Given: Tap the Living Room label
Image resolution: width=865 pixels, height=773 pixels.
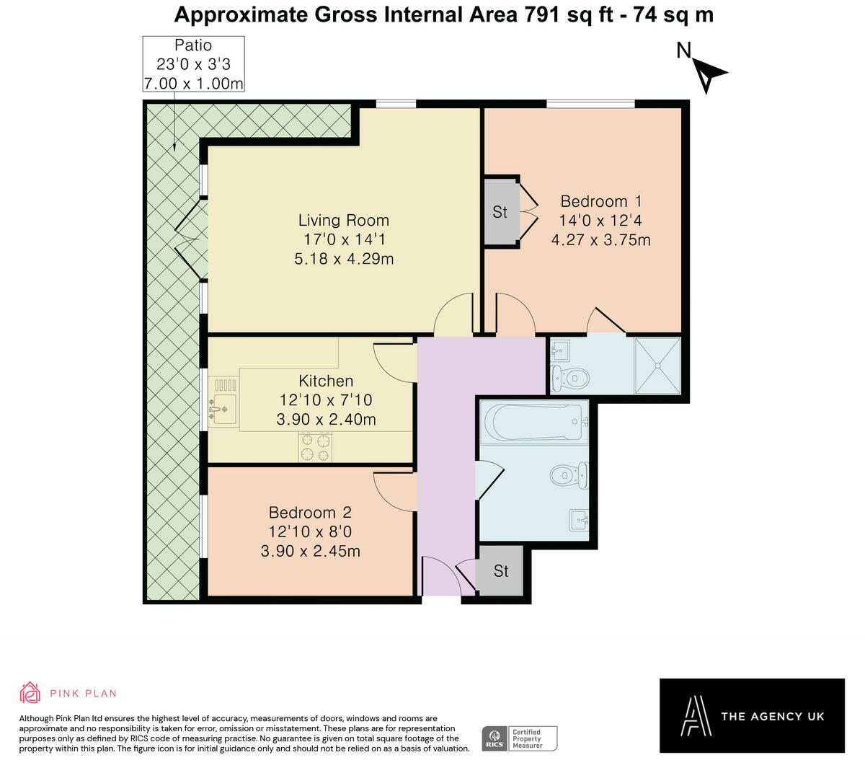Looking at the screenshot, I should [344, 221].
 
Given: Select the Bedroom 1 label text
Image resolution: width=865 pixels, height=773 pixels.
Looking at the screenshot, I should [600, 201].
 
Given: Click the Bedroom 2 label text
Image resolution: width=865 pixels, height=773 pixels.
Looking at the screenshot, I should [310, 513].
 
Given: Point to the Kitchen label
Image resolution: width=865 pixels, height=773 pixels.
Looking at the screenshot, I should [326, 381].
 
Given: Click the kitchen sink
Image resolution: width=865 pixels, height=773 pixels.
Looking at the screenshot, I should [223, 409].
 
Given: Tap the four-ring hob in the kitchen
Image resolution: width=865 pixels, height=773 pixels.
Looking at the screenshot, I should [316, 446].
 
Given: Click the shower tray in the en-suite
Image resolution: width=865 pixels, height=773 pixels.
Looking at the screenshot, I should [657, 366].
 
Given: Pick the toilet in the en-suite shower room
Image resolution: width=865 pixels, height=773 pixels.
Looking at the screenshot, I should [570, 378].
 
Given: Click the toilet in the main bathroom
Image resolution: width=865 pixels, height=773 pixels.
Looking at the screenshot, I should [569, 475].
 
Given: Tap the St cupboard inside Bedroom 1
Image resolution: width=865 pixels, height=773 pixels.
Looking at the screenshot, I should [500, 212].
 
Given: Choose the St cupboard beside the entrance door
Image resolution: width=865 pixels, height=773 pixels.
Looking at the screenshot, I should [501, 571].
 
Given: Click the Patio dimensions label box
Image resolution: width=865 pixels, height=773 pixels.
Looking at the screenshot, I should [193, 64].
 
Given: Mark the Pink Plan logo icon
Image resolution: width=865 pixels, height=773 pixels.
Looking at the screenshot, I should [30, 692].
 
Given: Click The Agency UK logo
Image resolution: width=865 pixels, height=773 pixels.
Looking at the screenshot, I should [752, 715].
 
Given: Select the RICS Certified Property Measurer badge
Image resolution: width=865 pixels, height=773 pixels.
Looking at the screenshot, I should [519, 738].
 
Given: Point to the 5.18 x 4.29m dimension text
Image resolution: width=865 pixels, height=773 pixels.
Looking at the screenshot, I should [344, 258].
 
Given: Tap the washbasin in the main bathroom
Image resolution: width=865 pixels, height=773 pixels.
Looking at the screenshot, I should [579, 518].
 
